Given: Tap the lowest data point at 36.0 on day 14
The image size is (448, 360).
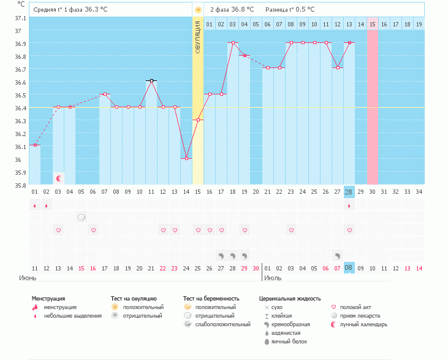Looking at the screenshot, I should click(x=186, y=158).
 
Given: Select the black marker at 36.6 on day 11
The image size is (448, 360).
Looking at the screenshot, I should click(x=151, y=80).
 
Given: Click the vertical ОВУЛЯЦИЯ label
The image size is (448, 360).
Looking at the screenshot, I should click(x=197, y=37).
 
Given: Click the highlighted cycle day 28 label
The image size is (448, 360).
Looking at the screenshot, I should click(x=349, y=192).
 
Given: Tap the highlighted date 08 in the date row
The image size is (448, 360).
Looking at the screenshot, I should click(x=349, y=268).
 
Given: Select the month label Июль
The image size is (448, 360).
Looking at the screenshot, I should click(x=273, y=278).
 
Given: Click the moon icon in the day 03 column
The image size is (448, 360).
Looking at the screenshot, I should click(x=59, y=178).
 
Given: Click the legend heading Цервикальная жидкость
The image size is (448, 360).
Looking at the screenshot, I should click(x=290, y=299).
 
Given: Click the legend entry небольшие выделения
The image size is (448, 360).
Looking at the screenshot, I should click(x=72, y=316).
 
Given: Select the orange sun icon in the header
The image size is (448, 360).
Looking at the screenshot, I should click(x=197, y=10).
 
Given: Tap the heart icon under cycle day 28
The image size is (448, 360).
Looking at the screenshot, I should click(x=349, y=230).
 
